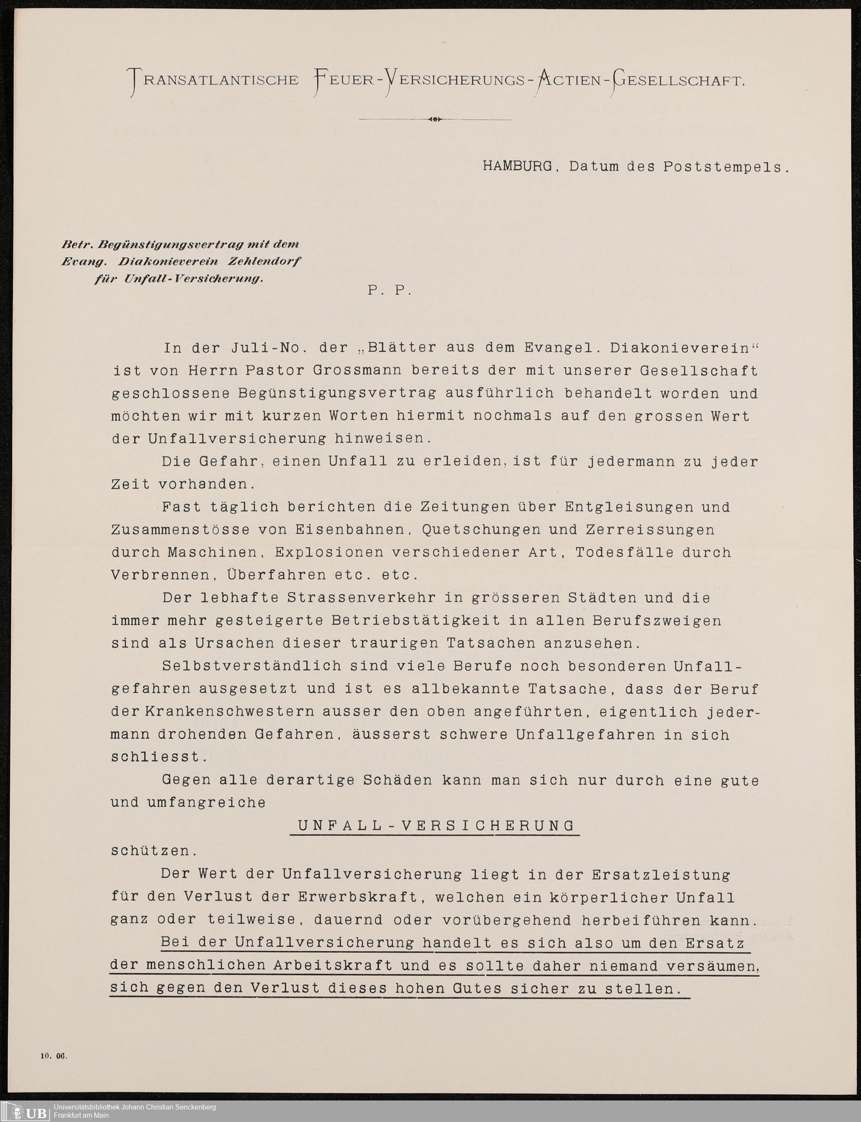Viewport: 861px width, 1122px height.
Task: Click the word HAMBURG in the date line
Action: pos(517,167)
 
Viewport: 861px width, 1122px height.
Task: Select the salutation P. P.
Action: pos(389,291)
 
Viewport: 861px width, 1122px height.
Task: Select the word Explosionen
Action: pos(329,552)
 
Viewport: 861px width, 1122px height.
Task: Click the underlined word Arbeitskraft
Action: pos(333,965)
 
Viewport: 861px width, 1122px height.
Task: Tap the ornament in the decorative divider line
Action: pos(435,119)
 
